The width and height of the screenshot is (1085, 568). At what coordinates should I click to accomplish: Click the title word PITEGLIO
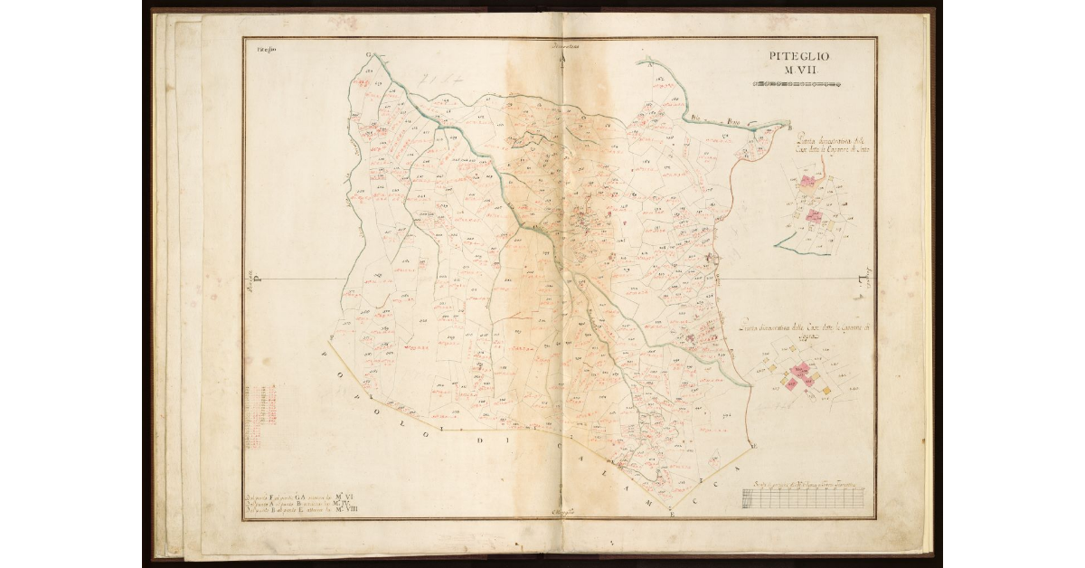click(x=799, y=56)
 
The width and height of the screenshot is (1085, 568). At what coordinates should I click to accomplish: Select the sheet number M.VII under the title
click(x=799, y=71)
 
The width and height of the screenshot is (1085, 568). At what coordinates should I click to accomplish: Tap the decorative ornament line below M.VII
click(x=799, y=85)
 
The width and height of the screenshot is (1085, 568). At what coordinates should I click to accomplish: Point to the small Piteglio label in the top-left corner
click(x=265, y=51)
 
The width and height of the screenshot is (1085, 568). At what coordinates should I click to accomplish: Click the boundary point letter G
click(x=368, y=55)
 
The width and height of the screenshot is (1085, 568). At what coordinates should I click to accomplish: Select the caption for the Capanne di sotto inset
click(x=830, y=146)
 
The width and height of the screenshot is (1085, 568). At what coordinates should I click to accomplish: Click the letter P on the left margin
click(x=256, y=279)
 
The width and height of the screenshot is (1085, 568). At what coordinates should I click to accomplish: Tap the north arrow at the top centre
click(x=562, y=58)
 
